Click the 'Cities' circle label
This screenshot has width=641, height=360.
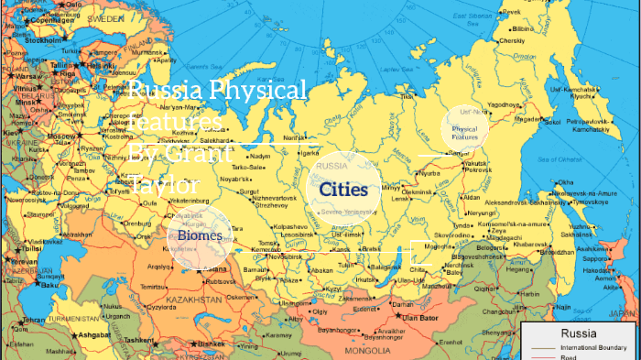(343, 190)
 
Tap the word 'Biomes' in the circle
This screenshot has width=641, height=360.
(200, 236)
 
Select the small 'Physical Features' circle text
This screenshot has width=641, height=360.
(464, 133)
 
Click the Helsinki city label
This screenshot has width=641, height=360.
(95, 65)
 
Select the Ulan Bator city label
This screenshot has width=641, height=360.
(423, 318)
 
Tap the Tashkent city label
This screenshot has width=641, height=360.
(140, 338)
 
